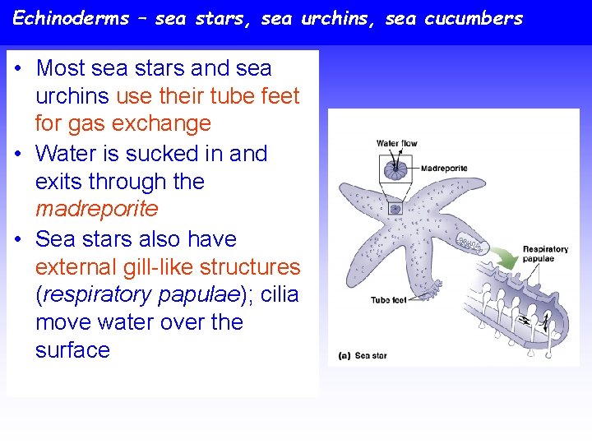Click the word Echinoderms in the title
tap(71, 18)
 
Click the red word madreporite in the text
tap(96, 209)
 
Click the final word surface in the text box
tap(72, 350)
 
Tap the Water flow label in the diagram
tap(396, 144)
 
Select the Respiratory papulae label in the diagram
tap(544, 253)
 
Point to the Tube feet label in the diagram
tap(388, 300)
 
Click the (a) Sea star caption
tap(363, 356)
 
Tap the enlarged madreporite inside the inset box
tap(396, 171)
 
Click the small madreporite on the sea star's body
tap(395, 209)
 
